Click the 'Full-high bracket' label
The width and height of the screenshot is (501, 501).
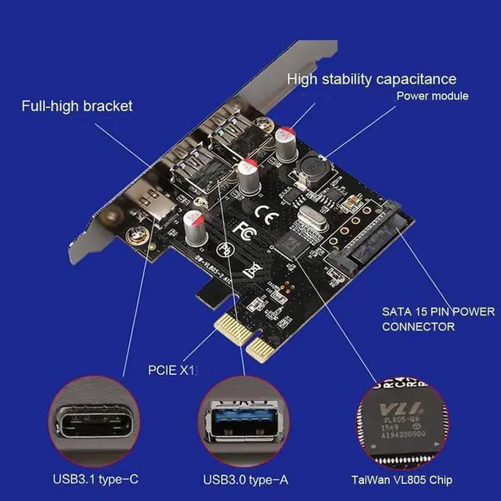click(77, 106)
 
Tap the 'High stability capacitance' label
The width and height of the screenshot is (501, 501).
click(371, 79)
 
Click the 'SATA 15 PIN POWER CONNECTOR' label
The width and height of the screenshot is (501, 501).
click(438, 319)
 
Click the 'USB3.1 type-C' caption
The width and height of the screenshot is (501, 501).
click(96, 479)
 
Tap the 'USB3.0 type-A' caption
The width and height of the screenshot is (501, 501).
click(244, 479)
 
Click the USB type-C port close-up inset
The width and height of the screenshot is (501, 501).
click(94, 422)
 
